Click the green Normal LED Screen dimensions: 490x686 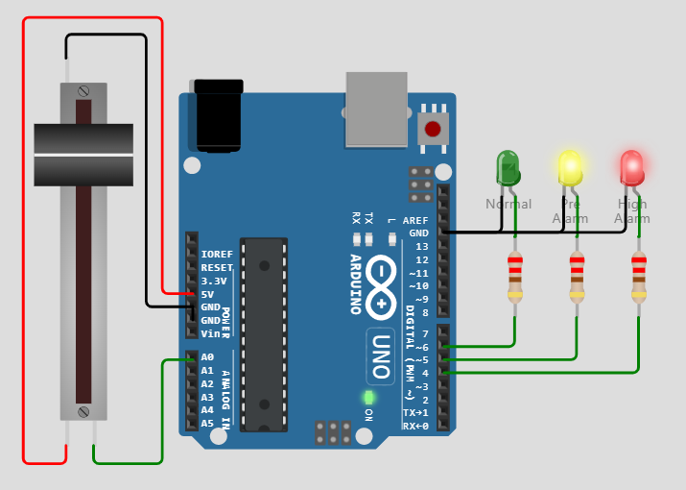coord(507,168)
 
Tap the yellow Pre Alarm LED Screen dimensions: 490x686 coord(570,167)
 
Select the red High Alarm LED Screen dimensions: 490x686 coord(631,167)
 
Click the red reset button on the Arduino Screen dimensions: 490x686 coord(433,128)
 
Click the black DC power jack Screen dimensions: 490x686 coord(218,116)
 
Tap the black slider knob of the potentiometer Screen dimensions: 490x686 coord(83,154)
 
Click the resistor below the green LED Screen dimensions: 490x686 coord(515,277)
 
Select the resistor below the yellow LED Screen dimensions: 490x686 coord(577,277)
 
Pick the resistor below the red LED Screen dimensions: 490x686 coord(638,277)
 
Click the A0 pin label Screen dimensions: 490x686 coord(207,357)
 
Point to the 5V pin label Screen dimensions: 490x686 coord(207,294)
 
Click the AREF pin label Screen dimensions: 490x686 coord(415,220)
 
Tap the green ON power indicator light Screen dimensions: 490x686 coord(368,397)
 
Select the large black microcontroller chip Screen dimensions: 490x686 coord(264,333)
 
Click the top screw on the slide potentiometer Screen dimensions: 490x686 coord(83,90)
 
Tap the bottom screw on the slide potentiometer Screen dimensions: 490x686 coord(83,412)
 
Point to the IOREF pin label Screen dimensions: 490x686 coord(217,255)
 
